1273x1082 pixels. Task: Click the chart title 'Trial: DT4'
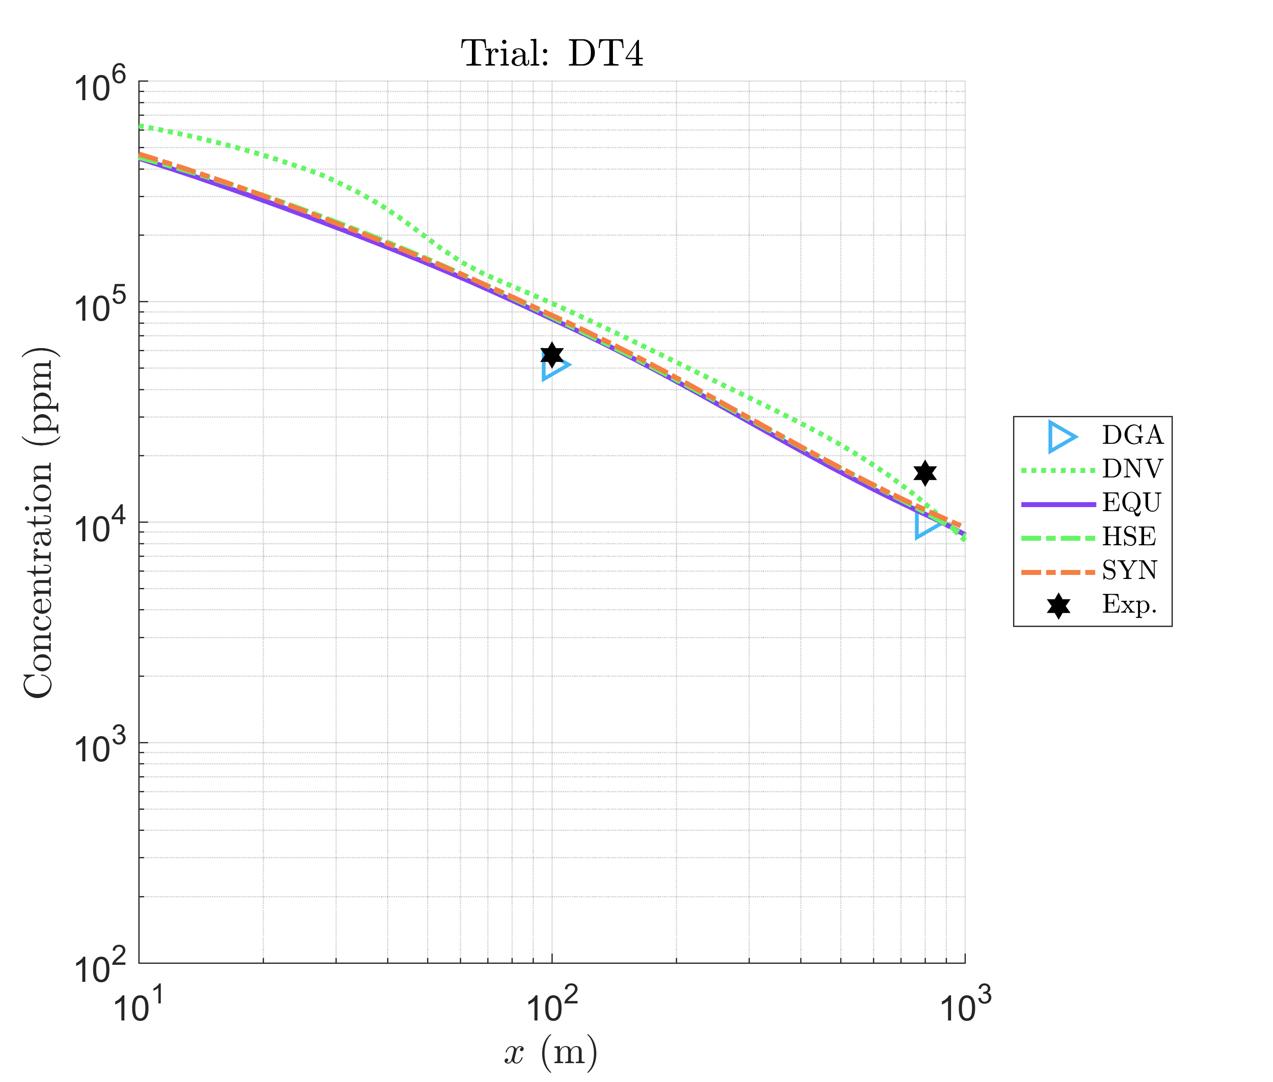tap(552, 54)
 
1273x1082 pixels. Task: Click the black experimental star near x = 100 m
tap(552, 354)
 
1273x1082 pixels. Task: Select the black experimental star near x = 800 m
tap(925, 473)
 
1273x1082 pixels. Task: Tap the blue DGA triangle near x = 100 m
tap(554, 366)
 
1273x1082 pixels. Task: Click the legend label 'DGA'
tap(1132, 436)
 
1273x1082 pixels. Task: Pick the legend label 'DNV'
tap(1132, 469)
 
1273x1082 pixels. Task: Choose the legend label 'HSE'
tap(1129, 537)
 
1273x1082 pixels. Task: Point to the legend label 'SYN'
tap(1129, 570)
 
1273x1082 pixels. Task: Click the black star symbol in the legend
tap(1058, 606)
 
